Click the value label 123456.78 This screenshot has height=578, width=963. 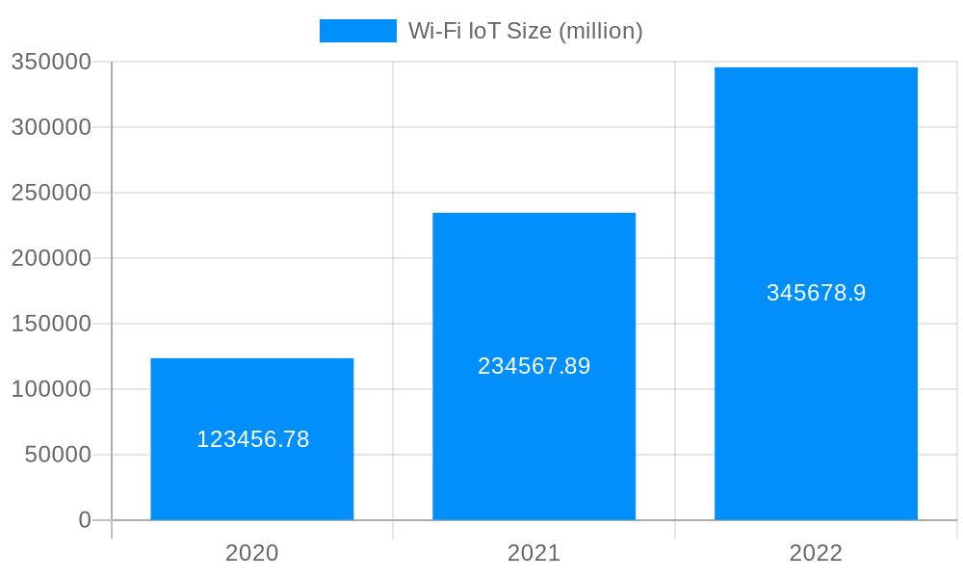tap(252, 439)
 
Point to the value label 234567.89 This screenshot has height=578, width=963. tap(534, 366)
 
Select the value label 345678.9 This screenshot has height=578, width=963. tap(816, 293)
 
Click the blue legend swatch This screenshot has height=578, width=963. tap(357, 31)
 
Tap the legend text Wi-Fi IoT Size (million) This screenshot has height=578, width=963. tap(525, 31)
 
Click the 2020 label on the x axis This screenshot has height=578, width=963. tap(252, 553)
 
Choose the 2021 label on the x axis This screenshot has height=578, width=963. tap(534, 553)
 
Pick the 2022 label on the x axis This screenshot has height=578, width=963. tap(816, 553)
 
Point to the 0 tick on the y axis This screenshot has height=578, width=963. tap(85, 520)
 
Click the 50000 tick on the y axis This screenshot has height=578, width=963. tap(58, 455)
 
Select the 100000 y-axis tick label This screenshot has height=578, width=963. tap(52, 389)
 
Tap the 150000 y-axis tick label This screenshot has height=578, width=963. tap(52, 324)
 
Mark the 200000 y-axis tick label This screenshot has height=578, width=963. tap(52, 258)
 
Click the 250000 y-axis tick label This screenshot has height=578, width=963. tap(52, 193)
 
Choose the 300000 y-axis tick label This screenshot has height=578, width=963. tap(52, 127)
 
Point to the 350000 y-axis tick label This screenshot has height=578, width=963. tap(52, 62)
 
